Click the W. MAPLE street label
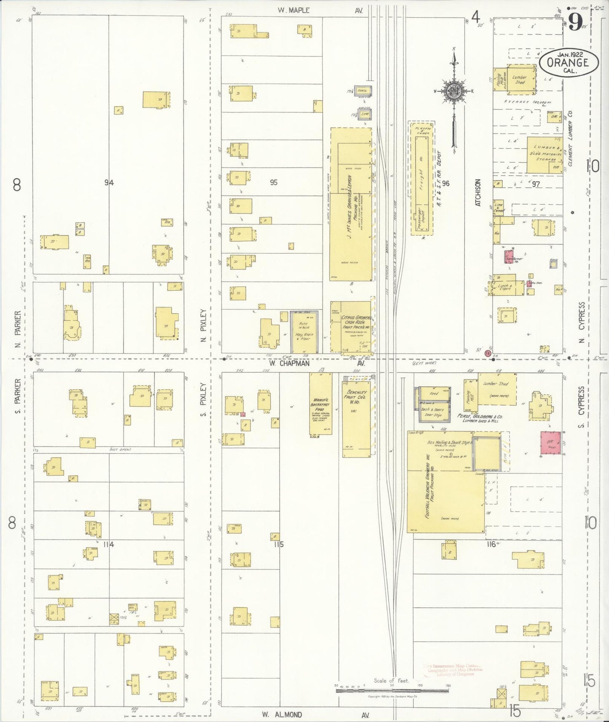(294, 10)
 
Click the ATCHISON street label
(478, 193)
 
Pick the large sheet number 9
(575, 21)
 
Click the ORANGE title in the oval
(567, 63)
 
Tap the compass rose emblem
(454, 91)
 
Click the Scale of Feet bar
(392, 690)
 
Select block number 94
(109, 182)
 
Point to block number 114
(109, 544)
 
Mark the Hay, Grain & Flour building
(304, 333)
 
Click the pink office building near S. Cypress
(551, 443)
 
